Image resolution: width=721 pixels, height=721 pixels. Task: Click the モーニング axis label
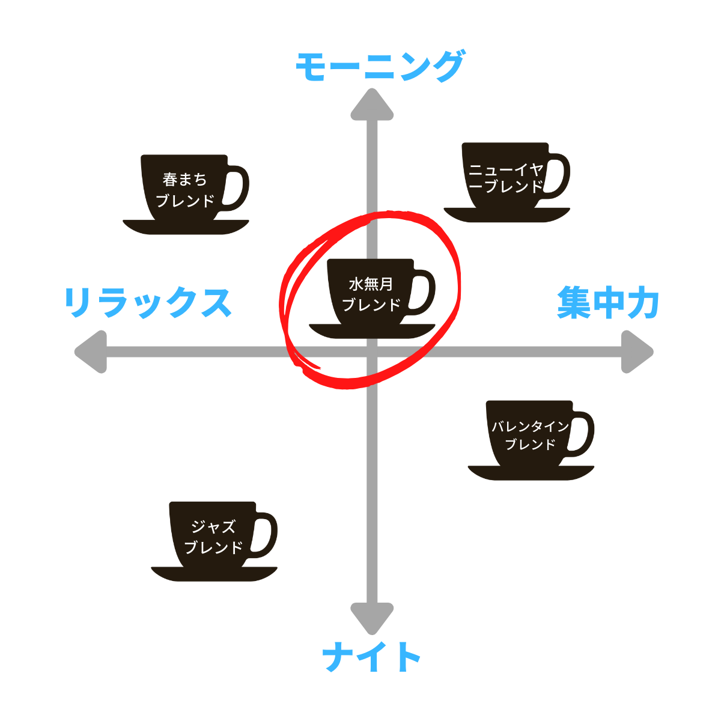(380, 66)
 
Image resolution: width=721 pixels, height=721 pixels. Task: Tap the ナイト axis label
(371, 657)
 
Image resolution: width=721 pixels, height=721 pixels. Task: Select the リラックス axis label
(148, 302)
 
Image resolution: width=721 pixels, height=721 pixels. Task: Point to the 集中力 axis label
(608, 302)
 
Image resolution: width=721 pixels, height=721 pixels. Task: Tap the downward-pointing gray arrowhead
(372, 618)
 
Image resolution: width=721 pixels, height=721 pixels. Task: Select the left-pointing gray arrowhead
(91, 351)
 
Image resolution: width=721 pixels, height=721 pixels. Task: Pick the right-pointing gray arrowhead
(637, 351)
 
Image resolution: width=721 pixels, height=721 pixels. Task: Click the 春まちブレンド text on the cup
(184, 190)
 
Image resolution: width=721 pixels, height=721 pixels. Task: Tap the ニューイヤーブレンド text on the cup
(506, 178)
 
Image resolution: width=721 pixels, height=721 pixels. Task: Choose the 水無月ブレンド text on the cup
(371, 294)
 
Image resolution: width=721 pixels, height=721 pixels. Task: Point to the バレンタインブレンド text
(530, 436)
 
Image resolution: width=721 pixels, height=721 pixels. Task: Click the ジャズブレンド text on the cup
(213, 537)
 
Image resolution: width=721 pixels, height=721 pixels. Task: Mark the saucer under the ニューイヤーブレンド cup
(507, 216)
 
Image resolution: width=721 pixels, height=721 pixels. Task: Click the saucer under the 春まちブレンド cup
(186, 228)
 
